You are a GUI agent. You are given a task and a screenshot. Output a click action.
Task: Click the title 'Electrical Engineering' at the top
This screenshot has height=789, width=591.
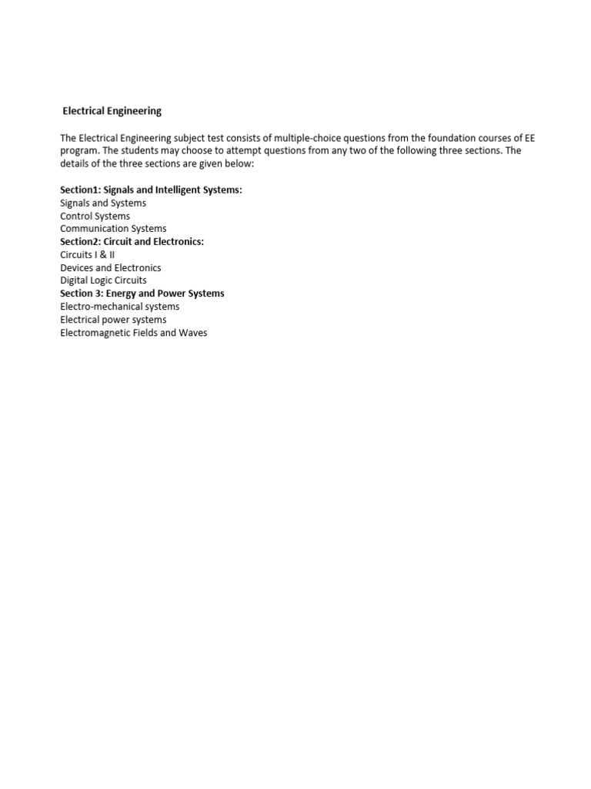click(112, 111)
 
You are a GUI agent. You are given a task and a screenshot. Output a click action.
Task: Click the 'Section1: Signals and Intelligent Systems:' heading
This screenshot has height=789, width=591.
click(151, 190)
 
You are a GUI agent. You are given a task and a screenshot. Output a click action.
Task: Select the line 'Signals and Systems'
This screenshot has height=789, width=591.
click(103, 203)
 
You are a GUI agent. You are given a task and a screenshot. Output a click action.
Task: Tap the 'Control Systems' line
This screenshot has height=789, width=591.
click(95, 216)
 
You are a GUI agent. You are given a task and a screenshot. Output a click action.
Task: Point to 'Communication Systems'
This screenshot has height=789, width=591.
click(113, 229)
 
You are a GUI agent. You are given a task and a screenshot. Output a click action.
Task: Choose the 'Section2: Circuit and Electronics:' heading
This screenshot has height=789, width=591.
click(132, 241)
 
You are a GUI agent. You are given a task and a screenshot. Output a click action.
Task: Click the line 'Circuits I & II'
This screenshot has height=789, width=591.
click(88, 254)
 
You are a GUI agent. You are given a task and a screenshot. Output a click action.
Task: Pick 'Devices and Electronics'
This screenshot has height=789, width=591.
click(111, 267)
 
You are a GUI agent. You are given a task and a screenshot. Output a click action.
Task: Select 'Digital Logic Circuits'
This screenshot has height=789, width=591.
click(103, 280)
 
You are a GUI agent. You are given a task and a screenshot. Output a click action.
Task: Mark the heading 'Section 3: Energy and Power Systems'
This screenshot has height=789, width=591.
click(142, 294)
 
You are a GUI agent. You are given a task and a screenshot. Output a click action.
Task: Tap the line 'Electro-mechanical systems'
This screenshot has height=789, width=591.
click(120, 307)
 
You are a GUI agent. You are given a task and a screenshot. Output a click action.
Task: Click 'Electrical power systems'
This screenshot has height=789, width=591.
click(113, 320)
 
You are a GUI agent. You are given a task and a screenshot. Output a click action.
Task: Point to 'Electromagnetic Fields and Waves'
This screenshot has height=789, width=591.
click(134, 333)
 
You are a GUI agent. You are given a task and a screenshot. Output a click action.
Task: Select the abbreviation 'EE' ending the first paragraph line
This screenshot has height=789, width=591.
click(529, 138)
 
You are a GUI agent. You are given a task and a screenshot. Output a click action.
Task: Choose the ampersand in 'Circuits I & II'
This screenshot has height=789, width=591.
click(101, 254)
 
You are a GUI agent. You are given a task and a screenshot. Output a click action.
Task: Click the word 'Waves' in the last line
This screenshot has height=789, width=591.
click(193, 333)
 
